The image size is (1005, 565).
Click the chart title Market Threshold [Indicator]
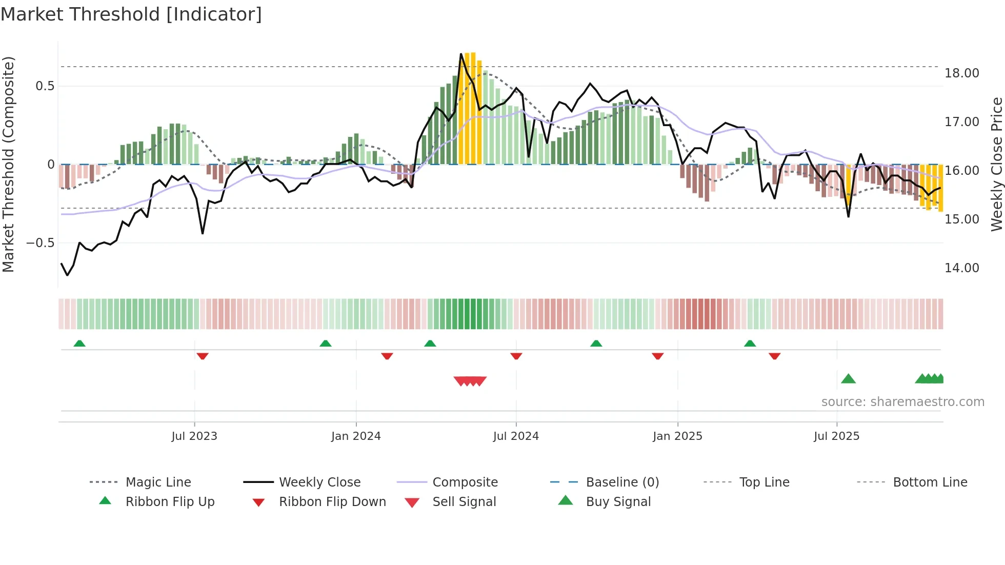tap(131, 14)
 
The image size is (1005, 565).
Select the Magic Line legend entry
tap(158, 482)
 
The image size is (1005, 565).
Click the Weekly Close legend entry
tap(319, 482)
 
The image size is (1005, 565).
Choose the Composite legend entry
tap(465, 482)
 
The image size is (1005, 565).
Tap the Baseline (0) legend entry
tap(622, 482)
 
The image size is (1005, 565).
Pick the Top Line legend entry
tap(764, 482)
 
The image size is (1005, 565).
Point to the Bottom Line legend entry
tap(930, 482)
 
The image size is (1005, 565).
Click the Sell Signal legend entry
tap(464, 501)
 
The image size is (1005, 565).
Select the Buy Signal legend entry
tap(618, 501)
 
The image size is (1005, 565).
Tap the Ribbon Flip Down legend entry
tap(332, 501)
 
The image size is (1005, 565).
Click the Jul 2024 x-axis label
tap(516, 436)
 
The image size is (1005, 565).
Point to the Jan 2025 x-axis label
tap(677, 436)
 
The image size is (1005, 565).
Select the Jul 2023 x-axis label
tap(194, 436)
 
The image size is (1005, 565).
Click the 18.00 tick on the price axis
tap(961, 73)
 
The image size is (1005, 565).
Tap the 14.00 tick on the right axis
tap(961, 268)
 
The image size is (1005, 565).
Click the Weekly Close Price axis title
tap(996, 164)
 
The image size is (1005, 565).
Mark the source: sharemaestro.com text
tap(902, 401)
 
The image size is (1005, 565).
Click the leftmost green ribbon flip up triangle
tap(79, 344)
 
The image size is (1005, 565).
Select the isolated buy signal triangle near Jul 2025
tap(848, 379)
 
